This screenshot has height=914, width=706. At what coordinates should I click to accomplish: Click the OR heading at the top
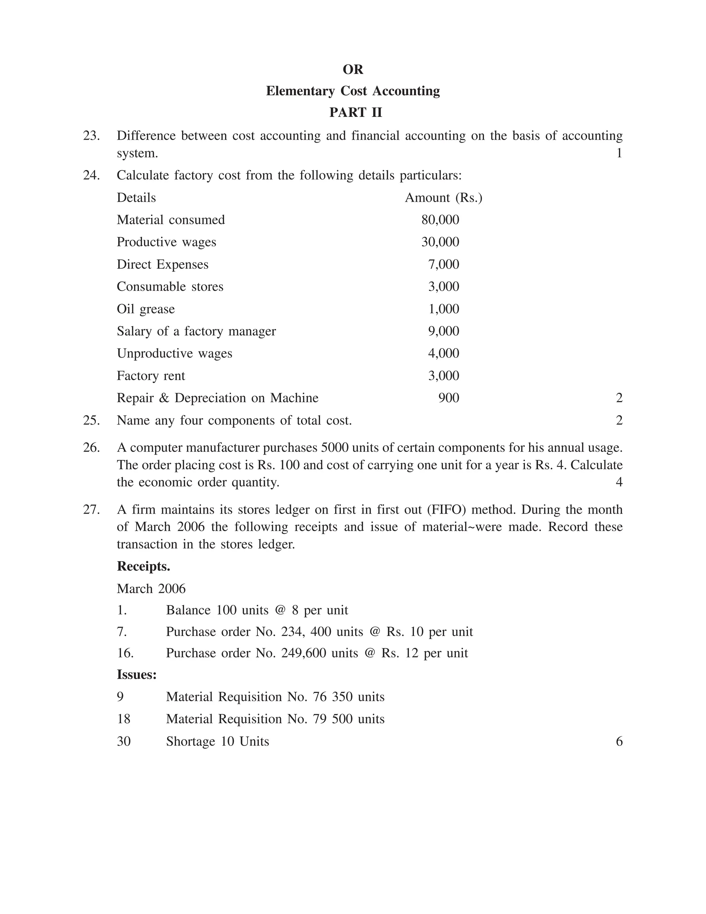pos(353,69)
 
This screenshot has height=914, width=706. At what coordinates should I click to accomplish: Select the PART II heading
pos(355,112)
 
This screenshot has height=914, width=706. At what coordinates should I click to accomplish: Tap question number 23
pos(91,136)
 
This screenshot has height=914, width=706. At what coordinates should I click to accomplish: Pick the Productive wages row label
pos(166,242)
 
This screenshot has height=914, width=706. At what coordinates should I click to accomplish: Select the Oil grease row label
pos(145,309)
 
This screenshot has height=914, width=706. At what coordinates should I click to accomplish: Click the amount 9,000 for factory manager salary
pos(443,331)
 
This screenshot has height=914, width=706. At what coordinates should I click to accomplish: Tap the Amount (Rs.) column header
pos(443,198)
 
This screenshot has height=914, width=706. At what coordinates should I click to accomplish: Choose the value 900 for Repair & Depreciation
pos(448,398)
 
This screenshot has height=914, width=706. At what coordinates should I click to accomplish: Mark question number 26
pos(91,447)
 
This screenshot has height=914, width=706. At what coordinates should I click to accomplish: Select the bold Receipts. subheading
pos(143,566)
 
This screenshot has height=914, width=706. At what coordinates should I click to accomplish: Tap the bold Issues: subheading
pos(137,675)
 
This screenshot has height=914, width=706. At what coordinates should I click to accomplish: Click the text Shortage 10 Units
pos(218,741)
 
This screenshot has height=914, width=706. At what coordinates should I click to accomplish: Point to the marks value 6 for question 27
pos(619,741)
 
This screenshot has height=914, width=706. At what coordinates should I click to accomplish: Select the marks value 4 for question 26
pos(619,482)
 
